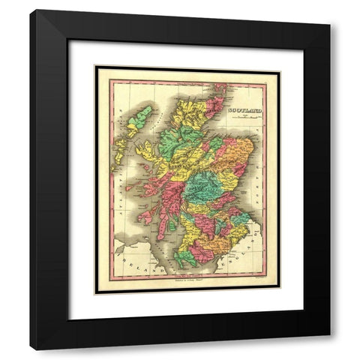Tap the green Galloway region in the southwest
(184, 258)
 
